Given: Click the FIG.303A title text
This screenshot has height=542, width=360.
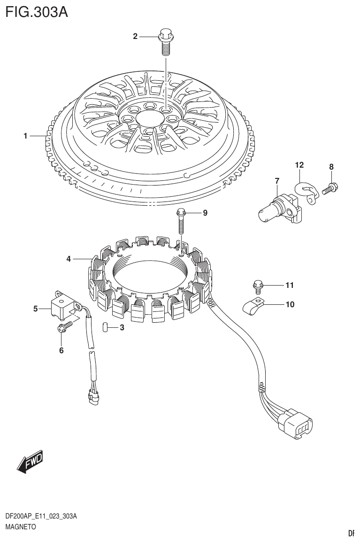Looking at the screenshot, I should [36, 11].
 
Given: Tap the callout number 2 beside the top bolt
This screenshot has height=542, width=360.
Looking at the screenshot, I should [135, 36].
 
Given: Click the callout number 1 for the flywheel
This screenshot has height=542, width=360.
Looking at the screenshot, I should [26, 136].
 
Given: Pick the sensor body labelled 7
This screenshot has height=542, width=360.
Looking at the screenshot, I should [277, 207].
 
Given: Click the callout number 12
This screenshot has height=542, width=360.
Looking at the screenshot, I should [299, 165].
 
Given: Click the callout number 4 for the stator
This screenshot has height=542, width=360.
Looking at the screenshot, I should [69, 259].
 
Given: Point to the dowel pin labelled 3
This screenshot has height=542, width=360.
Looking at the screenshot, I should [106, 327].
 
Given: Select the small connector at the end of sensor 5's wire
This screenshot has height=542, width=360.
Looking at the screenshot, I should [93, 397].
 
